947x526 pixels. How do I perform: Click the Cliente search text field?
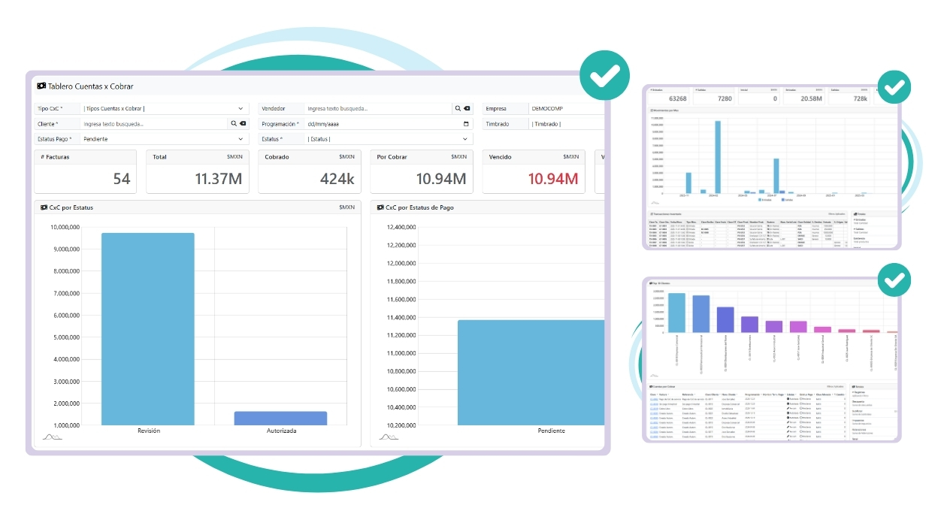pos(154,124)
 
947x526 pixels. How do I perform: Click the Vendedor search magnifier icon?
pos(457,108)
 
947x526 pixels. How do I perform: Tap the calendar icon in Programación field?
pos(466,124)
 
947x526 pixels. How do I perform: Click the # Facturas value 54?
pos(121,179)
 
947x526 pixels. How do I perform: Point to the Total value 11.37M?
pos(219,179)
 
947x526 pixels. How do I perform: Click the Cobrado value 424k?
pos(337,179)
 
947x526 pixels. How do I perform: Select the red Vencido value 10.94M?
pos(553,179)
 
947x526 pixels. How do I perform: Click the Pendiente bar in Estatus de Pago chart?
pos(531,372)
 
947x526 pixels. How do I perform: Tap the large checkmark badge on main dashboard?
pos(604,75)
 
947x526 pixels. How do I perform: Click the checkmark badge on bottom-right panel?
pos(894,280)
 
